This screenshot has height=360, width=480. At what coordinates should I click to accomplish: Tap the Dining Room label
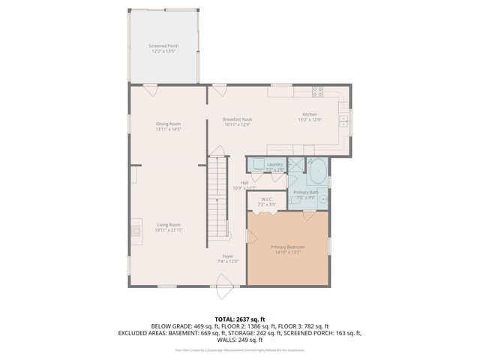click(x=168, y=126)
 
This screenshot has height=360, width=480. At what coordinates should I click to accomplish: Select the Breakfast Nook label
click(x=236, y=121)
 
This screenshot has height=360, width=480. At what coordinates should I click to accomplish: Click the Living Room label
click(x=168, y=226)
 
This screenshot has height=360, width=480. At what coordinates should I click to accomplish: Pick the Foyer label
click(x=227, y=259)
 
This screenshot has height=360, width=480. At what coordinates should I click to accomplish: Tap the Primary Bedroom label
click(x=288, y=249)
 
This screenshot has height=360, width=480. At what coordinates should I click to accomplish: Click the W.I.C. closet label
click(x=267, y=202)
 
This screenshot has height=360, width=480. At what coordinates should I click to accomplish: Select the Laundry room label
click(x=274, y=166)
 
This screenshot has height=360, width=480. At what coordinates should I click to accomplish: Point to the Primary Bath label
click(x=306, y=195)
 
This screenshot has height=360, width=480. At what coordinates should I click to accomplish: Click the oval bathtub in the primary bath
click(x=318, y=173)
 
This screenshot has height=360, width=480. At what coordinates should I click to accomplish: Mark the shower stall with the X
click(x=295, y=166)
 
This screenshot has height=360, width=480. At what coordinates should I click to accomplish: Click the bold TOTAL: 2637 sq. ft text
click(x=240, y=319)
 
